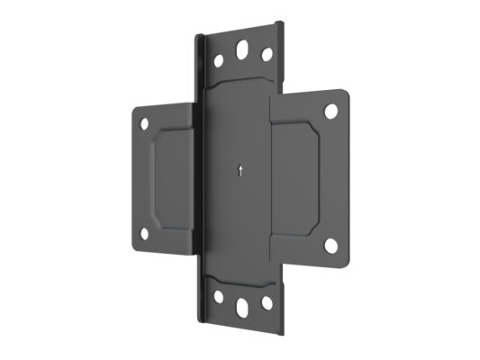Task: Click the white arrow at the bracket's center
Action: pos(240,170)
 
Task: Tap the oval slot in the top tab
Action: pos(243,50)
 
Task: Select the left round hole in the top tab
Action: pos(218,62)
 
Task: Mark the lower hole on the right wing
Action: pos(332,244)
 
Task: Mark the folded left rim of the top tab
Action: pos(199,63)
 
